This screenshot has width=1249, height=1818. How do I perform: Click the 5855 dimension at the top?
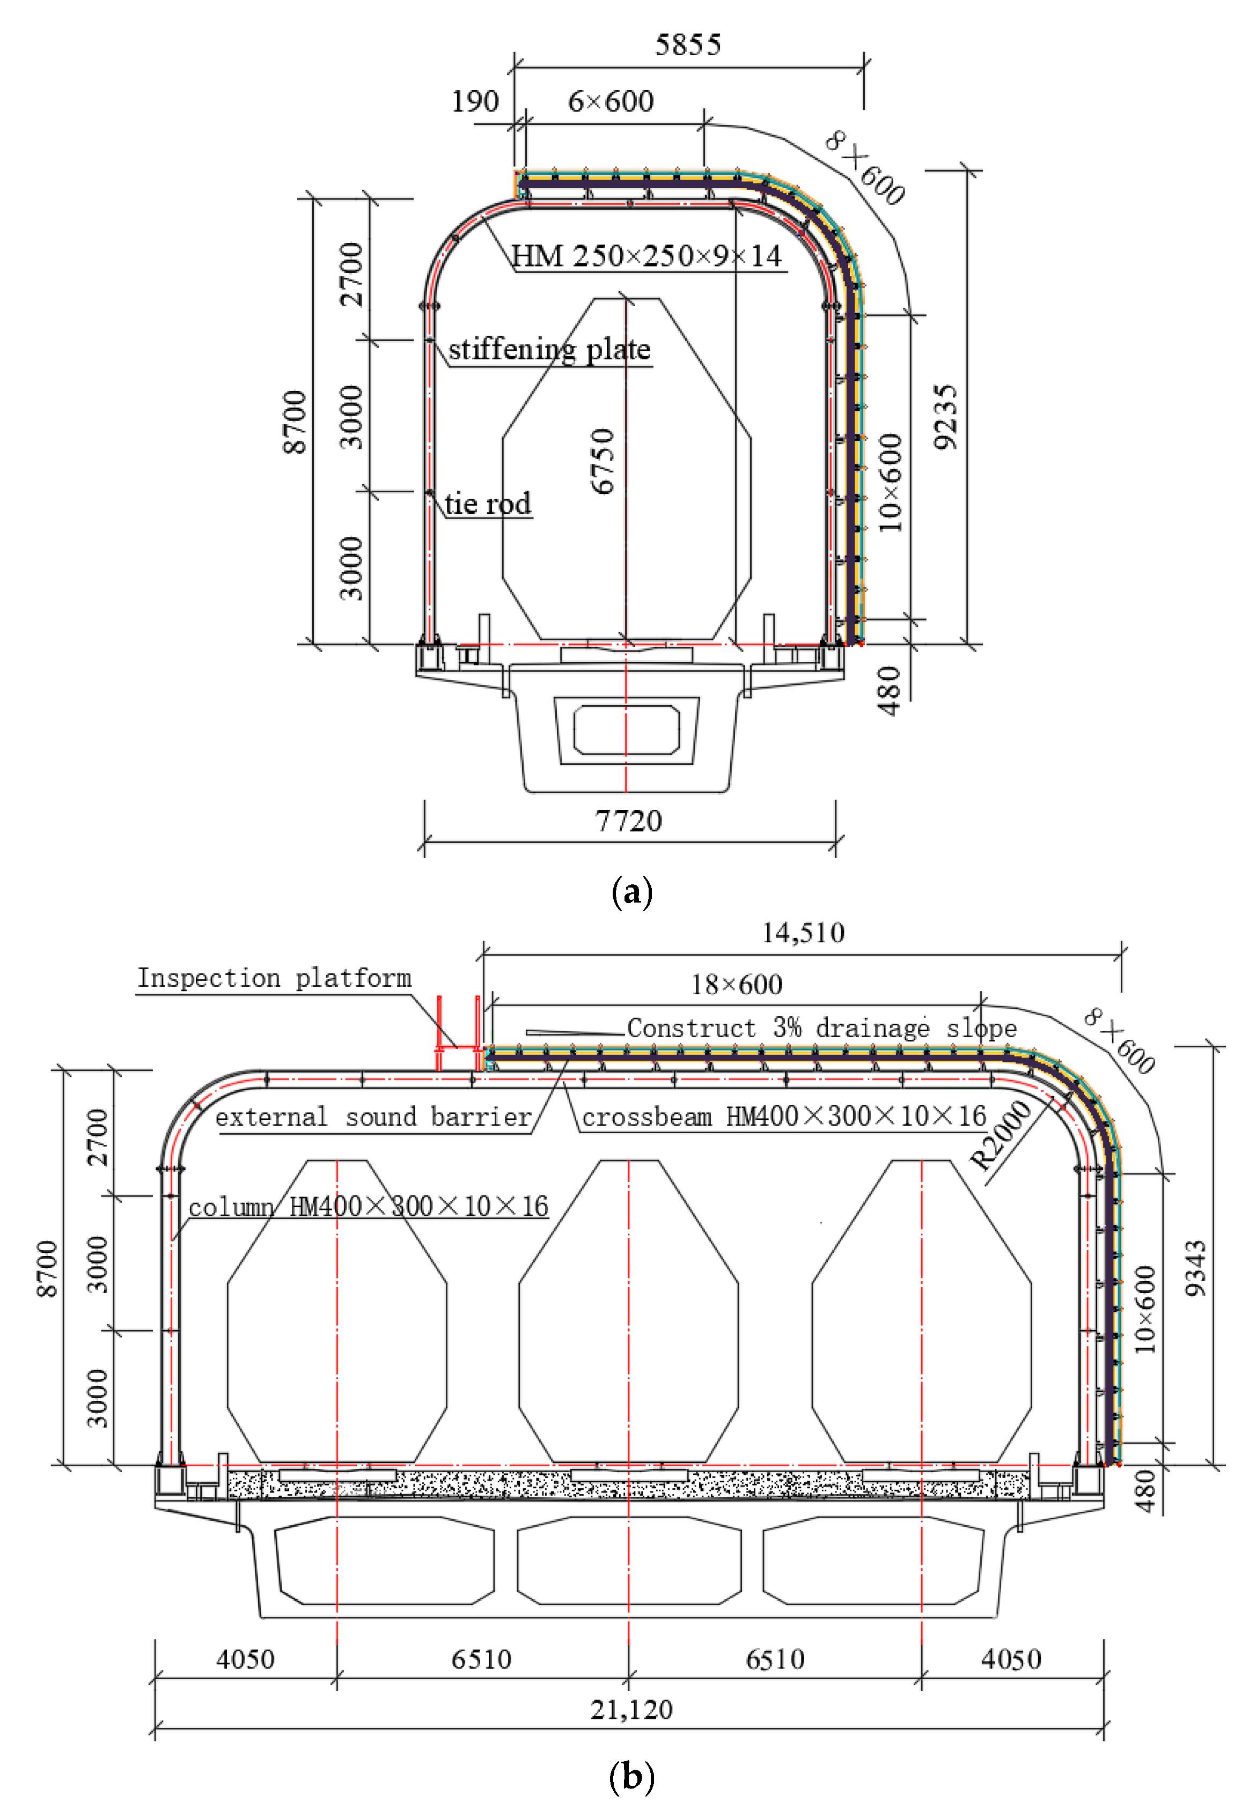click(x=687, y=45)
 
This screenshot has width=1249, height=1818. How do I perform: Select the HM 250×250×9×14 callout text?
click(x=646, y=256)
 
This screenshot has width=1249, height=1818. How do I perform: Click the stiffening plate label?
click(x=549, y=349)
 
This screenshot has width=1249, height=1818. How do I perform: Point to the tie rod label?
click(x=488, y=503)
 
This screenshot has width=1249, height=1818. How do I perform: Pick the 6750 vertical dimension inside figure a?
click(x=603, y=462)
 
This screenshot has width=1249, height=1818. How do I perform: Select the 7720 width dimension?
click(x=628, y=821)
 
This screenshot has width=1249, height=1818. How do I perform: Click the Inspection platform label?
click(x=274, y=978)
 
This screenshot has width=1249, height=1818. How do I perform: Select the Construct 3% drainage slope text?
click(x=822, y=1028)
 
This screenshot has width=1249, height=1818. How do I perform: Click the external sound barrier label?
click(x=373, y=1117)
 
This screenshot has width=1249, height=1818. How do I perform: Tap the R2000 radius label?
click(x=1001, y=1134)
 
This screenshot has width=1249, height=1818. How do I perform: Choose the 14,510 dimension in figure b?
click(x=803, y=933)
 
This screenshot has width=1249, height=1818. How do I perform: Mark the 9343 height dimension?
click(x=1195, y=1268)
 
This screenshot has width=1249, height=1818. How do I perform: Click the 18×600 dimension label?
click(x=737, y=984)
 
